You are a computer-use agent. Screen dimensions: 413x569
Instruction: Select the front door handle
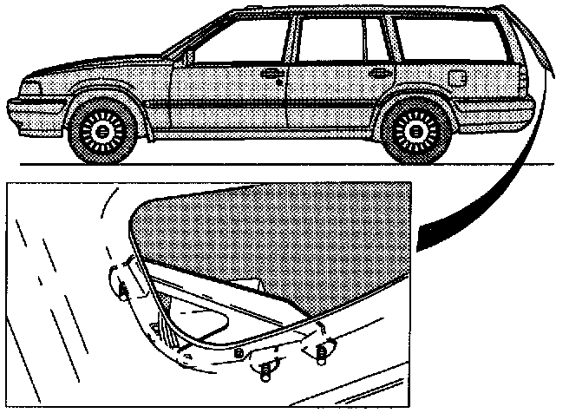(x=271, y=73)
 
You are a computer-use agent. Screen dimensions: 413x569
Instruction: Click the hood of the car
(x=95, y=68)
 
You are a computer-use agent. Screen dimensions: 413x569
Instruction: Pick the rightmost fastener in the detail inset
(x=323, y=350)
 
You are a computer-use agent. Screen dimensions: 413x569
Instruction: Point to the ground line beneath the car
(x=260, y=164)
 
